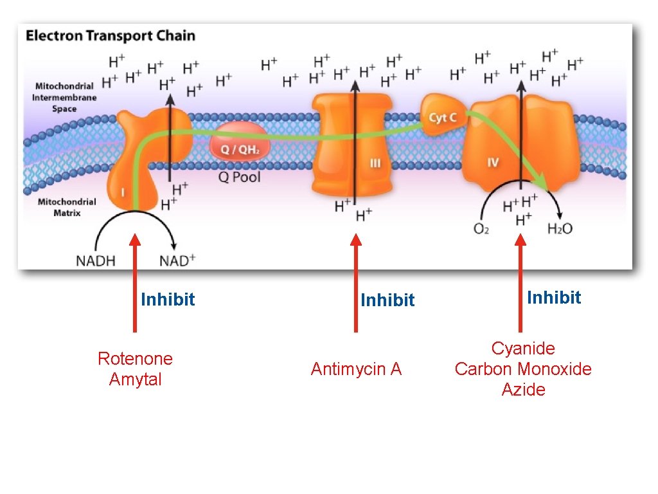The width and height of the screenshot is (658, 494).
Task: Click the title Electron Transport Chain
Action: [111, 36]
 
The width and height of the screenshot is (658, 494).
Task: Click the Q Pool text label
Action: [239, 177]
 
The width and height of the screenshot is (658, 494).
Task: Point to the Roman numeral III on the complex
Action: [375, 164]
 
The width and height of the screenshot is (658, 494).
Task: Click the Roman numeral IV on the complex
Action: [492, 163]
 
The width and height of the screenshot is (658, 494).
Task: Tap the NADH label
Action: [96, 261]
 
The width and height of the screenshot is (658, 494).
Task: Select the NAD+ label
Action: [177, 261]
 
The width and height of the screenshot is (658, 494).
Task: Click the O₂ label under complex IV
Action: [481, 229]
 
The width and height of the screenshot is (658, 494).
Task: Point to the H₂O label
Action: [560, 228]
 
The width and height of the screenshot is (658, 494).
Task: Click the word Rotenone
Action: [135, 358]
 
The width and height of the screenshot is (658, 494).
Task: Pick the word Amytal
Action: [135, 380]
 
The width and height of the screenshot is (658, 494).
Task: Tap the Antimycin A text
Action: [356, 369]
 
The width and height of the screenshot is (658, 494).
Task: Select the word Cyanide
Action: [523, 349]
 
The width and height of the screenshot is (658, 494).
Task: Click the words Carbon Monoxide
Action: [523, 369]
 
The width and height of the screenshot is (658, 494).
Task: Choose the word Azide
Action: [523, 390]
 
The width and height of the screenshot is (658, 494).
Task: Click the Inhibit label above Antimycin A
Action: [387, 300]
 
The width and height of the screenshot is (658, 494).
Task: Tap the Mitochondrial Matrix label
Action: [67, 207]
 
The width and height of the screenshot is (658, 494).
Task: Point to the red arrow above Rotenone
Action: [134, 283]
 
